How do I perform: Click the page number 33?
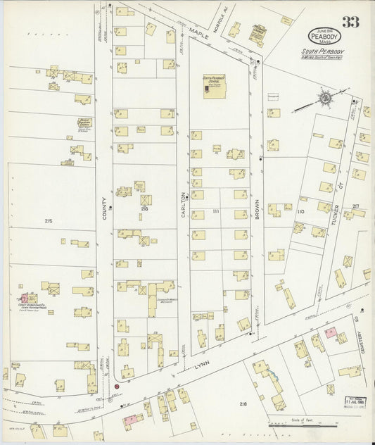[350, 22]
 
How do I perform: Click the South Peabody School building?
[212, 87]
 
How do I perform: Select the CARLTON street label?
[183, 205]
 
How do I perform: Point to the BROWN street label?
[258, 208]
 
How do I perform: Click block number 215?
[48, 221]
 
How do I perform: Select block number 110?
[300, 211]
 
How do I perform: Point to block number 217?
[356, 206]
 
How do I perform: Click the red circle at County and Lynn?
[116, 386]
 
